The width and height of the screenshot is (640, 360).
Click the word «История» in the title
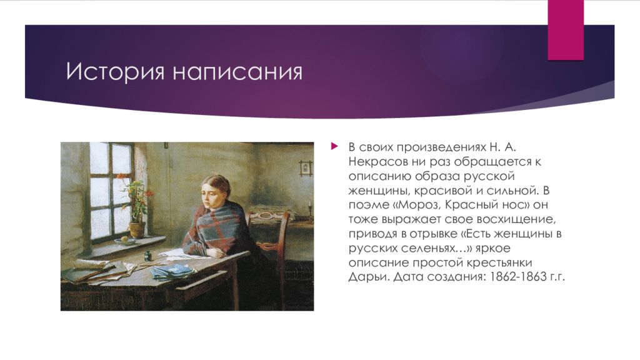click(114, 71)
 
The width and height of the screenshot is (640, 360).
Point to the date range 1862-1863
click(508, 276)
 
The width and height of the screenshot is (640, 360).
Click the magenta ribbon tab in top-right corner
click(565, 30)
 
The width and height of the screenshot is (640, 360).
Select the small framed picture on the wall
click(304, 167)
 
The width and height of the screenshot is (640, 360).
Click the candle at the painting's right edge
click(310, 206)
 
